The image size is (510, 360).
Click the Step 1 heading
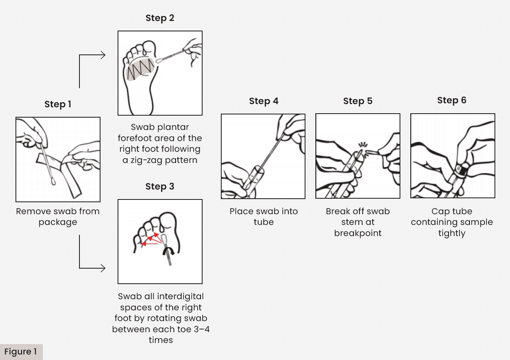point(58,104)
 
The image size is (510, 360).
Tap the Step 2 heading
point(160,18)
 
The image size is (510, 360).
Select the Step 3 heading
point(160,186)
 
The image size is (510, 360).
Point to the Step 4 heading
point(264,101)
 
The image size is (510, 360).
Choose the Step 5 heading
point(358,101)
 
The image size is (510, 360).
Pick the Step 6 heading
point(452,101)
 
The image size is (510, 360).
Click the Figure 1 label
point(21,352)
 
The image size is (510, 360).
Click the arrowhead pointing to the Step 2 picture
point(103,55)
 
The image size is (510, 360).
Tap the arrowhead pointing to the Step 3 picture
point(103,268)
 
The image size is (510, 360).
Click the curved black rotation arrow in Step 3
point(168,251)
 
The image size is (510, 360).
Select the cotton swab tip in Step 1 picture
point(53,182)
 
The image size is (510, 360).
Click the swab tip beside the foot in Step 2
point(159,60)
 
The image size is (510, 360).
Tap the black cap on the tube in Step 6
point(461,169)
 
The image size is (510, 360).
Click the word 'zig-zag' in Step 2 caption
point(146,160)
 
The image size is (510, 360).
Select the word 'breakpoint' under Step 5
point(358,233)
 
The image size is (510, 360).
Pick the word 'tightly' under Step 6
point(452,233)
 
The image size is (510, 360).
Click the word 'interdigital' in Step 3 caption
point(180,296)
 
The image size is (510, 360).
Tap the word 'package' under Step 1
point(58,223)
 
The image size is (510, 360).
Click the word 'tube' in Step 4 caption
point(264,222)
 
